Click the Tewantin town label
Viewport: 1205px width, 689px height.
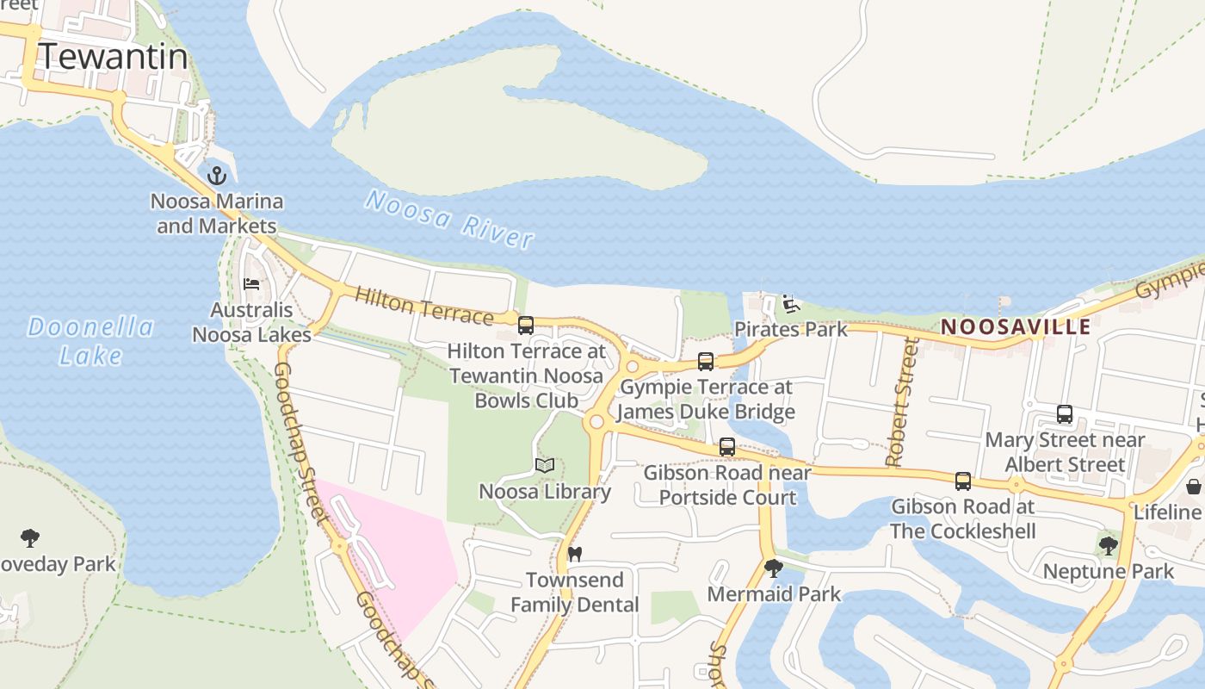(x=113, y=57)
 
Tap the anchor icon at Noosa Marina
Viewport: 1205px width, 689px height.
(x=217, y=176)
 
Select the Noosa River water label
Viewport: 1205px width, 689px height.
(x=449, y=219)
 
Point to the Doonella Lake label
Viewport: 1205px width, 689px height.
(x=90, y=340)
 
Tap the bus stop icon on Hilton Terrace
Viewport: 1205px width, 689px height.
(x=525, y=326)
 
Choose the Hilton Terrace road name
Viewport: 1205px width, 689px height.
(x=423, y=307)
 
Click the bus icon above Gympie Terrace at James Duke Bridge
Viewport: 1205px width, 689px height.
(x=706, y=362)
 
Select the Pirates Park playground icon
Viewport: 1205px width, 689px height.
(x=791, y=303)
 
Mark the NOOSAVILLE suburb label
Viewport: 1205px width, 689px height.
(x=1016, y=327)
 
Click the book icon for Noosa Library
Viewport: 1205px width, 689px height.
(x=544, y=466)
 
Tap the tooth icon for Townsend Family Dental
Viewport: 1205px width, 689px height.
(x=575, y=554)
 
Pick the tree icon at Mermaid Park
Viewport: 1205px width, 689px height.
(x=774, y=568)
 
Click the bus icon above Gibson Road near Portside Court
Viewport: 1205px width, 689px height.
(x=727, y=447)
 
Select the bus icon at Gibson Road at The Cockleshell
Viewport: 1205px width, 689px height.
(x=962, y=481)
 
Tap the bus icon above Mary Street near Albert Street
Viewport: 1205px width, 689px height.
(x=1065, y=414)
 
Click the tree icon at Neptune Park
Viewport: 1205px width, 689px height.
(x=1108, y=545)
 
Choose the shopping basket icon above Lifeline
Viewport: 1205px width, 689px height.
(x=1194, y=487)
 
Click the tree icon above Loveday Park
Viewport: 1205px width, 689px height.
(x=30, y=539)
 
